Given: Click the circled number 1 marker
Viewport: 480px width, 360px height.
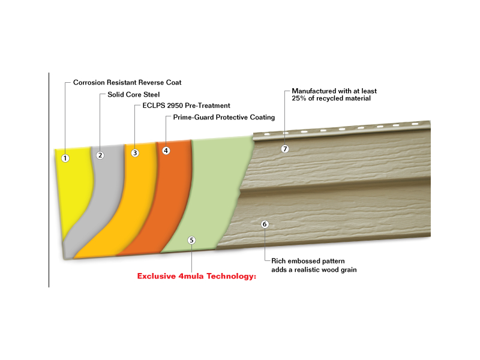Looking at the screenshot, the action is click(x=65, y=158).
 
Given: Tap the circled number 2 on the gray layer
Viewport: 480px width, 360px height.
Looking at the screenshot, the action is click(x=100, y=155).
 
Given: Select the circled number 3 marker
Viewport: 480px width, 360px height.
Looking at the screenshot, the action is click(x=135, y=153).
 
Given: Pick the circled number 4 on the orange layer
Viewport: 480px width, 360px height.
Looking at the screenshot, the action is click(x=166, y=151).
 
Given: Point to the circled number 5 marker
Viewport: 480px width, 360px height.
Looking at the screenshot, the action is click(x=191, y=241).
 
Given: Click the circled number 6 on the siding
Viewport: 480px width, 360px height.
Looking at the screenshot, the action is click(x=265, y=224).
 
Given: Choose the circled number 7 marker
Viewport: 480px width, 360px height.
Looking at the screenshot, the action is click(x=285, y=149).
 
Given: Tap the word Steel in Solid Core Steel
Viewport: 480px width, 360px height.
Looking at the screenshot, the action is click(x=152, y=95).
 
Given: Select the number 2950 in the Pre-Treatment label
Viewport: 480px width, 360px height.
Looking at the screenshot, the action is click(x=175, y=106).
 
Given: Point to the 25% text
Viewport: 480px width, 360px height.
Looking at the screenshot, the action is click(x=299, y=98).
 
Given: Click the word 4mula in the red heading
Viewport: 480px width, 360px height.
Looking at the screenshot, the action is click(x=191, y=276).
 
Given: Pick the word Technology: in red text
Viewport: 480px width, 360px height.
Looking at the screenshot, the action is click(x=232, y=276).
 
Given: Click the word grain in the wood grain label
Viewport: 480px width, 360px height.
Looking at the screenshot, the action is click(x=349, y=270).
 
